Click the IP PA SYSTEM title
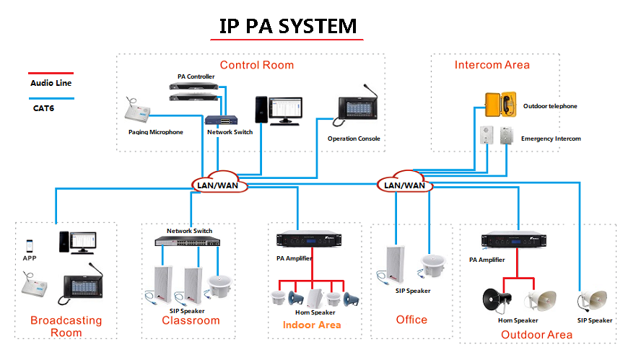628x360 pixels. click(x=288, y=26)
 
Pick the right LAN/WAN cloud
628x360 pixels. click(x=405, y=183)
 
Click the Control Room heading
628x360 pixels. click(x=257, y=65)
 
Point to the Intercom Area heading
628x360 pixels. click(x=492, y=65)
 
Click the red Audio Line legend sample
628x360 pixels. click(x=51, y=73)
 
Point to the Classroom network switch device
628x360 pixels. click(x=190, y=242)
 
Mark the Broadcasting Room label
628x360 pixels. click(x=66, y=326)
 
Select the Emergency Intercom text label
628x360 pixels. click(x=551, y=139)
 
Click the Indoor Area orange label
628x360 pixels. click(x=311, y=325)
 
